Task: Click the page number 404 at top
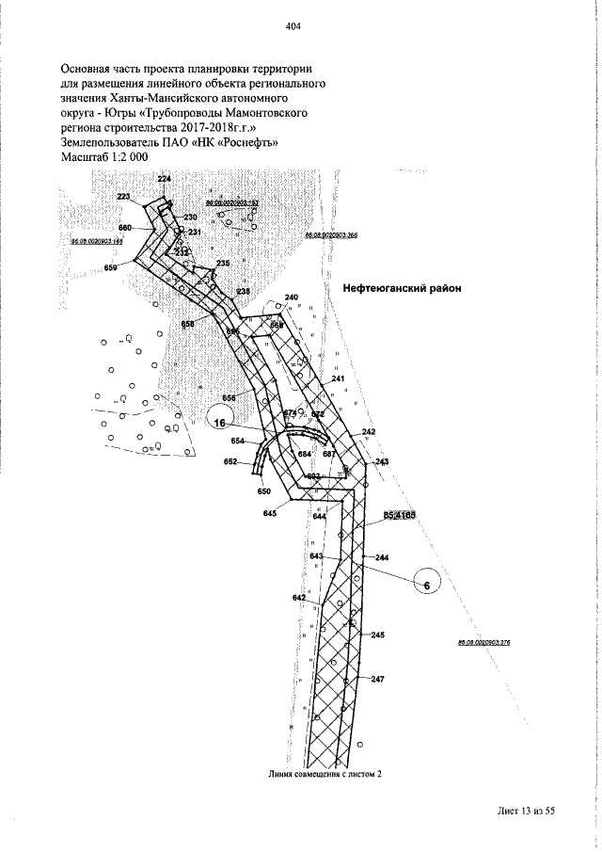point(292,27)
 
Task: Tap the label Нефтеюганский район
point(400,289)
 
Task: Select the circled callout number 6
point(427,586)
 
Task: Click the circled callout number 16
point(219,424)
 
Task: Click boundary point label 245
point(378,635)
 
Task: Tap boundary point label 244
point(382,558)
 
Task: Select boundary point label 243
point(382,461)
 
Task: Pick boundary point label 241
point(339,378)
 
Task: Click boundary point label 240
point(292,297)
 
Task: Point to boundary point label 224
point(165,179)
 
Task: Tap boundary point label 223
point(124,197)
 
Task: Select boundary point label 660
point(124,228)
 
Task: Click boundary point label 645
point(270,512)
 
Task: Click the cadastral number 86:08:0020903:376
point(483,643)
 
